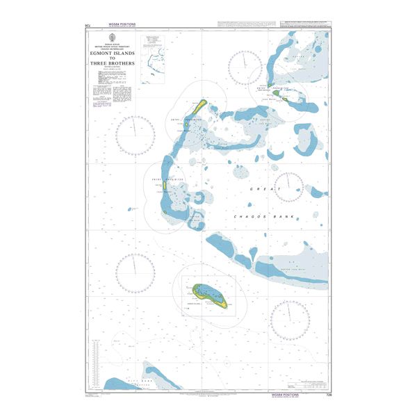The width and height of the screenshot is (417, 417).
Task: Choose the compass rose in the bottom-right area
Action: click(x=290, y=321)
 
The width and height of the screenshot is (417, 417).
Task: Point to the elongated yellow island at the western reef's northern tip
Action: click(x=199, y=106)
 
